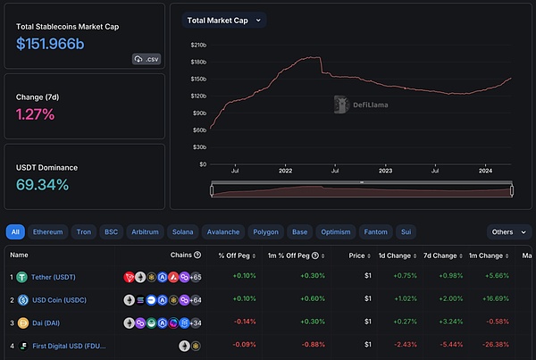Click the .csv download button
(x=147, y=58)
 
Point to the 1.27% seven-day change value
(x=36, y=113)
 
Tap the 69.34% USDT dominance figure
(x=42, y=185)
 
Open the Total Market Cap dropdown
(x=223, y=20)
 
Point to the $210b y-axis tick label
(x=198, y=44)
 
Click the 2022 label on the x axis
(x=285, y=170)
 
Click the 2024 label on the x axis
(x=485, y=170)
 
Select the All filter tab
(x=15, y=231)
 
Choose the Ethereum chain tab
(x=47, y=231)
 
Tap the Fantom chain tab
(x=375, y=231)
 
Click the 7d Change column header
(x=440, y=255)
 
